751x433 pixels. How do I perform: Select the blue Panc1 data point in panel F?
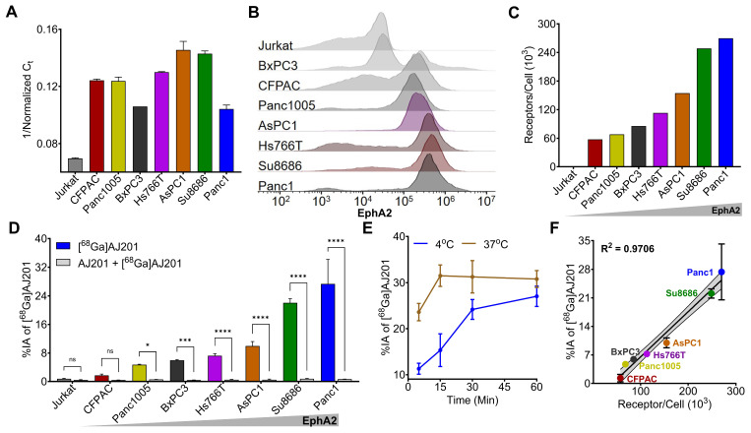(x=721, y=272)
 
